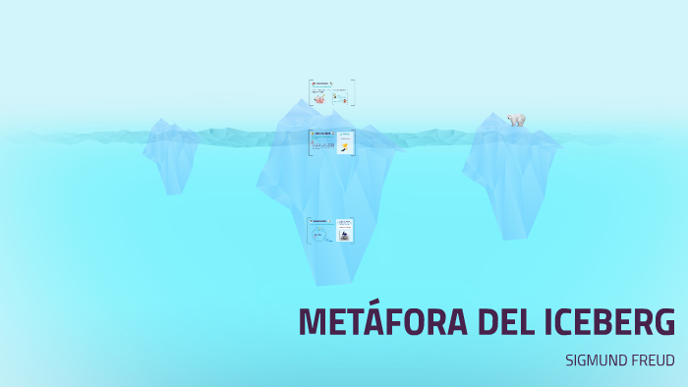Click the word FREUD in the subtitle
coord(654,360)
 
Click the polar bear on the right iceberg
coord(516,120)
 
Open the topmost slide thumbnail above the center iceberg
coord(331,93)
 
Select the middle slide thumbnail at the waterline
coord(331,142)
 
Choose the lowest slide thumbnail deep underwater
coord(330,231)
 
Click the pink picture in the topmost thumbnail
coord(318,98)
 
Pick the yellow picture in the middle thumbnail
coord(345,146)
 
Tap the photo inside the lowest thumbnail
coord(345,234)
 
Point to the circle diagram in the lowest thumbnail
coord(318,235)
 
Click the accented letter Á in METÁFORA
coord(384,322)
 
